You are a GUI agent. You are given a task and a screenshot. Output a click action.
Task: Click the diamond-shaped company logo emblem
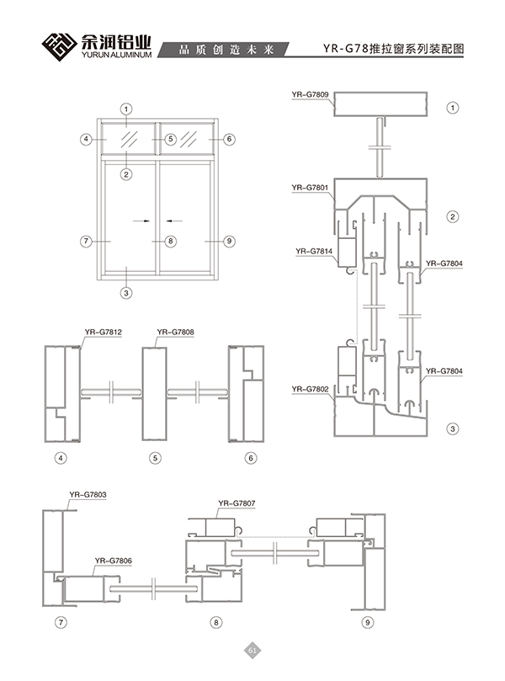coord(59,46)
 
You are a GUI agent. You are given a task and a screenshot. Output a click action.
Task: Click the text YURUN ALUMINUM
coord(116,55)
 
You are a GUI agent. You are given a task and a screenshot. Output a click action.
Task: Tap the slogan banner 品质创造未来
coord(226,50)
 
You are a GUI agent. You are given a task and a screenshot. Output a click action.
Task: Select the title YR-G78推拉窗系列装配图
coord(393,49)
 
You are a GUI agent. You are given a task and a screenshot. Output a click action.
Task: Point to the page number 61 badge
coord(252,650)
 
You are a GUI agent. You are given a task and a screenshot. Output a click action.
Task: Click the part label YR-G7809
coord(310,94)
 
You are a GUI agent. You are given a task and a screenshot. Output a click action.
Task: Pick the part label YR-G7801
coord(310,188)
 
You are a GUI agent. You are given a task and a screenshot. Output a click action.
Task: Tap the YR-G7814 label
coord(314,251)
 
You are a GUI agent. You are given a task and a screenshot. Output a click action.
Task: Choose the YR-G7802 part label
coord(310,389)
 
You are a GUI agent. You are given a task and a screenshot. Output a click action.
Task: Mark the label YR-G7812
coord(104,333)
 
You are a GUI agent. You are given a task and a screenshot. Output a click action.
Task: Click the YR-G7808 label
coord(175,333)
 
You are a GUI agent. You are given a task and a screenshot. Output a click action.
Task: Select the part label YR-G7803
coord(88,495)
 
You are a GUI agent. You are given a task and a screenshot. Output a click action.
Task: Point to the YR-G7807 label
coord(237,503)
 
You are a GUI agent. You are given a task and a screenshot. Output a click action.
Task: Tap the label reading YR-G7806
coord(114,561)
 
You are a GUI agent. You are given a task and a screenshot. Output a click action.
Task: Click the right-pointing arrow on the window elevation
coord(141,221)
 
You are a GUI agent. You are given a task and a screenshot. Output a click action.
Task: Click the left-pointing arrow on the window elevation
coord(174,221)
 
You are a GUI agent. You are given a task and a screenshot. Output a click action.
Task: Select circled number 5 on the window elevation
coord(171,139)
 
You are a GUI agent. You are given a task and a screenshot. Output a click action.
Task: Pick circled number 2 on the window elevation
coord(126,174)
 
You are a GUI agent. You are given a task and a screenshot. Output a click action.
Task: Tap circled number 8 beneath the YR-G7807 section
coord(216,622)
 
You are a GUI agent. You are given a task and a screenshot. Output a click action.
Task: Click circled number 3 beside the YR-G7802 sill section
coord(453,429)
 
